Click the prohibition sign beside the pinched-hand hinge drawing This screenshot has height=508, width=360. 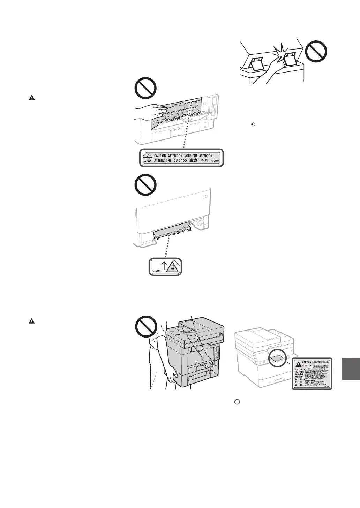coord(316,52)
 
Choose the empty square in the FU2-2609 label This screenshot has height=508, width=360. coord(155,264)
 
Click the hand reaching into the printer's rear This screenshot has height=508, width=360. coord(148,111)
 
